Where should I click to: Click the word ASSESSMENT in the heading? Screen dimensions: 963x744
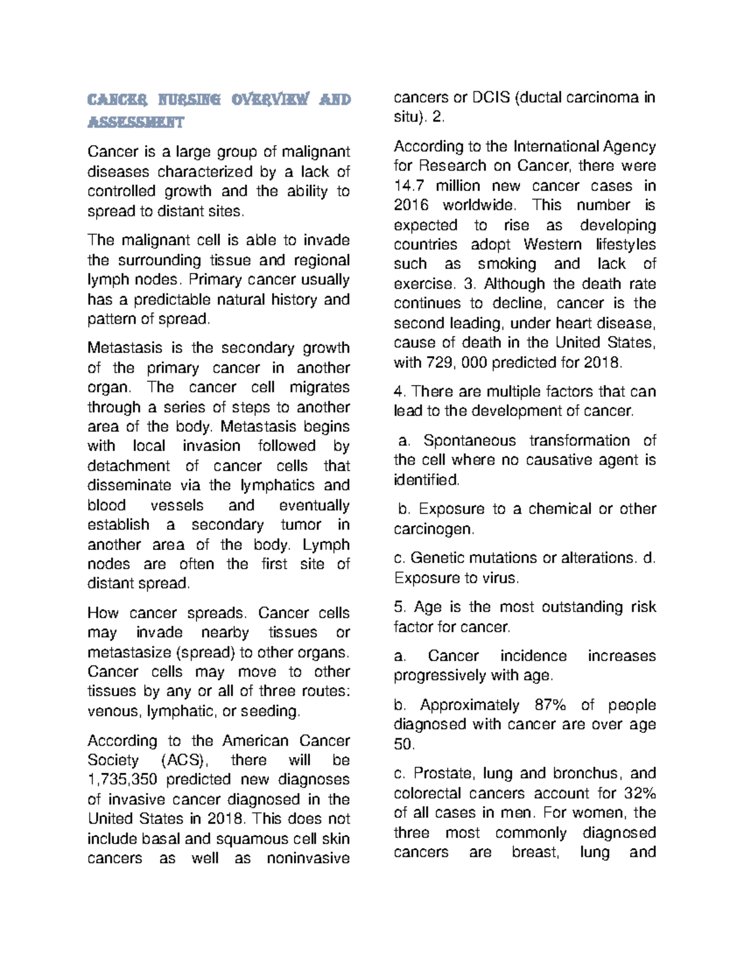tap(136, 123)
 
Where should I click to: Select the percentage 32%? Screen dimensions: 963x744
tap(640, 793)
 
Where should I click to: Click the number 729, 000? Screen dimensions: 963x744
tap(456, 363)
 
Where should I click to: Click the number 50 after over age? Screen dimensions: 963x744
tap(402, 744)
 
